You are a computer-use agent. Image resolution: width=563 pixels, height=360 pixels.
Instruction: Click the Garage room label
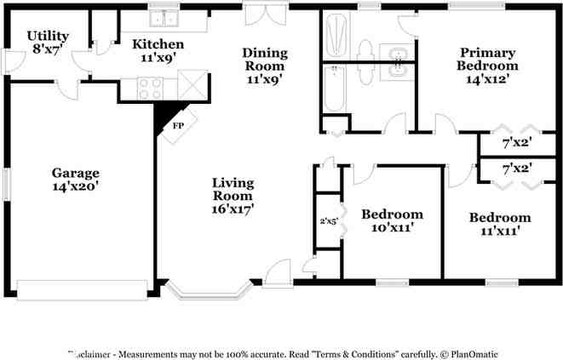click(x=76, y=180)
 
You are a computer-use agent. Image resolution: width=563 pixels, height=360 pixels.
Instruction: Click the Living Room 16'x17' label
click(x=233, y=195)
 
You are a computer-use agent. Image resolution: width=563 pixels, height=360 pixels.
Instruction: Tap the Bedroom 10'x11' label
click(x=392, y=221)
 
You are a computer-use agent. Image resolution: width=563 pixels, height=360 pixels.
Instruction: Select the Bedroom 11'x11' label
click(x=500, y=224)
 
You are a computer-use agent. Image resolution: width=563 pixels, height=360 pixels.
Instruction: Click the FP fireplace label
click(x=179, y=125)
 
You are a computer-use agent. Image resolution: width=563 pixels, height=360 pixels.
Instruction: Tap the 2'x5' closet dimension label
click(x=329, y=221)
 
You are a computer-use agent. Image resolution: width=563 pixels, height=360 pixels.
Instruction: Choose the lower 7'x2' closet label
click(x=516, y=169)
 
